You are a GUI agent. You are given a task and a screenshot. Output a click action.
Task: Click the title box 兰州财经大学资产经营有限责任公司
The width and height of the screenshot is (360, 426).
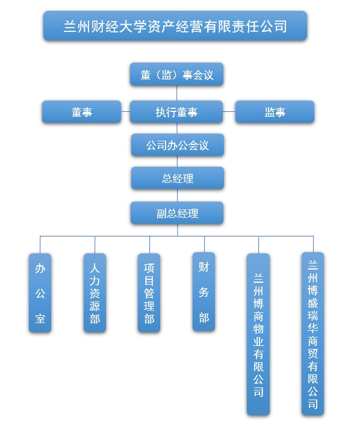pos(175,26)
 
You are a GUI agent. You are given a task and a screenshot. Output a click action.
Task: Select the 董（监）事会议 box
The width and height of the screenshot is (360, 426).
pos(177,75)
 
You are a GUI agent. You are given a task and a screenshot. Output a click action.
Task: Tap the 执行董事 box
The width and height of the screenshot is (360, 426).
pos(176,112)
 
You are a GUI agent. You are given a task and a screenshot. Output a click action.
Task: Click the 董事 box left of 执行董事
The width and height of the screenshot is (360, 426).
pos(81,112)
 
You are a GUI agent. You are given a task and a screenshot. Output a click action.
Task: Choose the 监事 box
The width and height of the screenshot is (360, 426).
pos(275,112)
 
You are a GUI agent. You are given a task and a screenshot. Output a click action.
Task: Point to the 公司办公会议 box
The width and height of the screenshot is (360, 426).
pos(178,145)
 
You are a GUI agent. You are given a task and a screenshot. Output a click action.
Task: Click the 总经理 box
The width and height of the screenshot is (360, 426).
pos(178,178)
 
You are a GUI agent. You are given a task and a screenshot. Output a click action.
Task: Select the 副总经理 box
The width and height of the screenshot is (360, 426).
pos(177,213)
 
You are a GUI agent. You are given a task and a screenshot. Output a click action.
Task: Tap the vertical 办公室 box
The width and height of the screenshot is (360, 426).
pos(40,292)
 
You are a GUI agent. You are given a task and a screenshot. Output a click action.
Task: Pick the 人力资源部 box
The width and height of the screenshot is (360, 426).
pos(95,292)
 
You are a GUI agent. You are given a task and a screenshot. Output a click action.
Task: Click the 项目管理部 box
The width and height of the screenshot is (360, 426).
pos(149,292)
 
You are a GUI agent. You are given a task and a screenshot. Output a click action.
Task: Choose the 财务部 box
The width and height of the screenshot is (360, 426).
pos(203,291)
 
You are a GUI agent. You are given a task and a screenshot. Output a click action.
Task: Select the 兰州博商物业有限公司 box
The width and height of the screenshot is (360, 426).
pos(258,334)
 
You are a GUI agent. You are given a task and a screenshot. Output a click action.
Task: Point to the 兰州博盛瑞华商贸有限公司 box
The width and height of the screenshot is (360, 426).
pos(312,333)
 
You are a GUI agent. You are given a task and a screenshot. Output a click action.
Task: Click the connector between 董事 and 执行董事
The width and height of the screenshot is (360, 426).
pos(126,112)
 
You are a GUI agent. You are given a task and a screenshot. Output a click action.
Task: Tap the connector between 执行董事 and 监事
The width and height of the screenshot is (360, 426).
pos(229,112)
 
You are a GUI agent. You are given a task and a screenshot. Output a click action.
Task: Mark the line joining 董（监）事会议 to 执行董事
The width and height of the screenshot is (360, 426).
pos(177,93)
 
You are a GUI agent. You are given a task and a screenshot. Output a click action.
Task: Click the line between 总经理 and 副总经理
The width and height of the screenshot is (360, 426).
pos(177,196)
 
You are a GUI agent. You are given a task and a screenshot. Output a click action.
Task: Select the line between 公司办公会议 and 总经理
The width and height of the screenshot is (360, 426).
pos(177,161)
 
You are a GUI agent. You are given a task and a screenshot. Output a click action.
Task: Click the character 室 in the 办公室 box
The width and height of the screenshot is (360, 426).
pos(40,318)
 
